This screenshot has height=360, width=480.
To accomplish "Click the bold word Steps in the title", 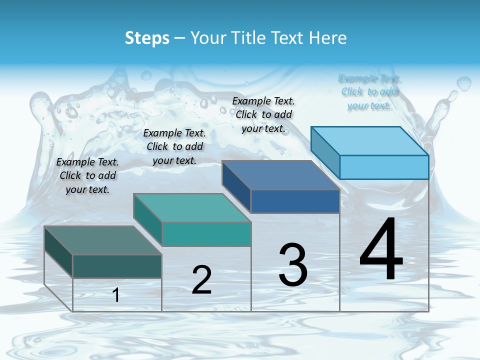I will coord(147,38).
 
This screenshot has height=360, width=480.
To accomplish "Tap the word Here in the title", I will coord(328,38).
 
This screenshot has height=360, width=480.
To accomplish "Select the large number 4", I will coord(381,249).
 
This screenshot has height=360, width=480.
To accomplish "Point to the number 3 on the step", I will coord(292,265).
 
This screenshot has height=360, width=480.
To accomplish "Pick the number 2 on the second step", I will coord(201,279).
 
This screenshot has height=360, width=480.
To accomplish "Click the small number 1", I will coord(116,295).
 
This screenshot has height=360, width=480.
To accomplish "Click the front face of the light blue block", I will coord(384,167).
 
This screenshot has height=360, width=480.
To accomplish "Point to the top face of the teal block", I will coord(192,207).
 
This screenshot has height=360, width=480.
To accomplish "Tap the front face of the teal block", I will coord(206,234).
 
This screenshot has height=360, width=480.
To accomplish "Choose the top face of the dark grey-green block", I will coord(103,240).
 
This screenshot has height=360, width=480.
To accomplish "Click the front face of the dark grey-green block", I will coord(117,266).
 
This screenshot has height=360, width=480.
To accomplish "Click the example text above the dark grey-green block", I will coord(87,175).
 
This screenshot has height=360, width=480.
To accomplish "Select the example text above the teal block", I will coord(174,146).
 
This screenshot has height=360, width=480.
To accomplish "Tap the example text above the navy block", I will coord(263,114).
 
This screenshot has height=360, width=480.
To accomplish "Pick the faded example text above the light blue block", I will coord(369,92).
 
